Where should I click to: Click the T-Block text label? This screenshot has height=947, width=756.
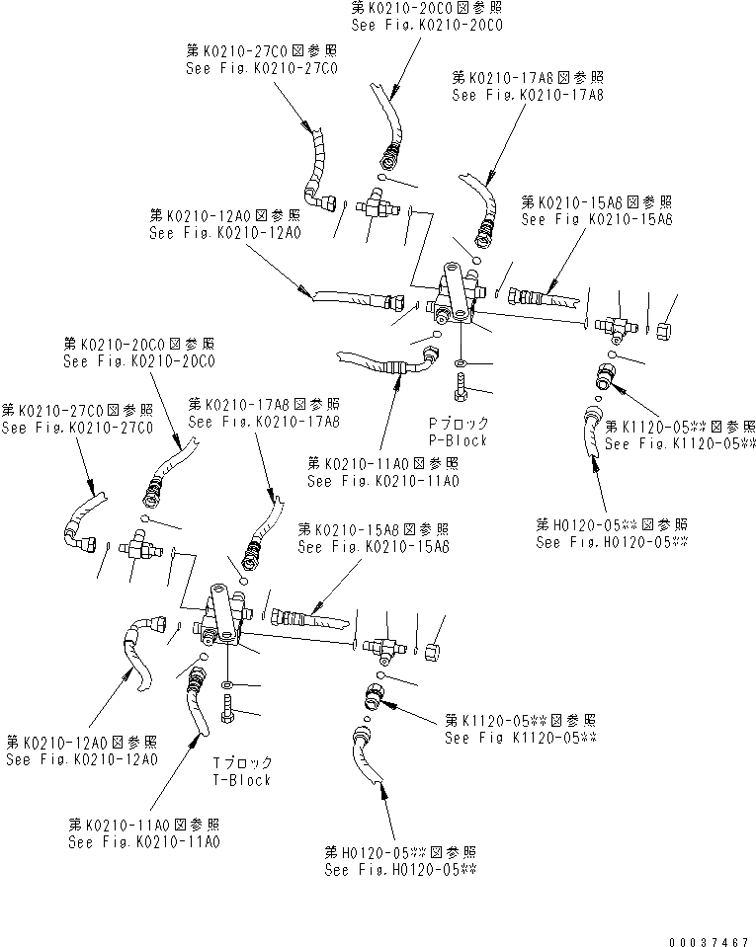pyautogui.click(x=242, y=779)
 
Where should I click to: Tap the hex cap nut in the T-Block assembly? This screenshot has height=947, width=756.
pyautogui.click(x=431, y=652)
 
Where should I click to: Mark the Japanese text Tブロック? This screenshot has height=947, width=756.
pyautogui.click(x=242, y=763)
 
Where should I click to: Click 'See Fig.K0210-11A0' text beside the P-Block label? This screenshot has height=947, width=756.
pyautogui.click(x=383, y=481)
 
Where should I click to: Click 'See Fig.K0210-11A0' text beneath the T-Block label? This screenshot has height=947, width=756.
pyautogui.click(x=144, y=842)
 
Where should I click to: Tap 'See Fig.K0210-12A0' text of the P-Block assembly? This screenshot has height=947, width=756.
pyautogui.click(x=225, y=233)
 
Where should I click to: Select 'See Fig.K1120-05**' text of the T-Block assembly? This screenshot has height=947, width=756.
pyautogui.click(x=521, y=738)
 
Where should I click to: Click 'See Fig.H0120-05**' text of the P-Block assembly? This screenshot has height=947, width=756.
pyautogui.click(x=612, y=542)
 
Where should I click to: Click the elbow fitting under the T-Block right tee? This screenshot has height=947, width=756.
pyautogui.click(x=378, y=696)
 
